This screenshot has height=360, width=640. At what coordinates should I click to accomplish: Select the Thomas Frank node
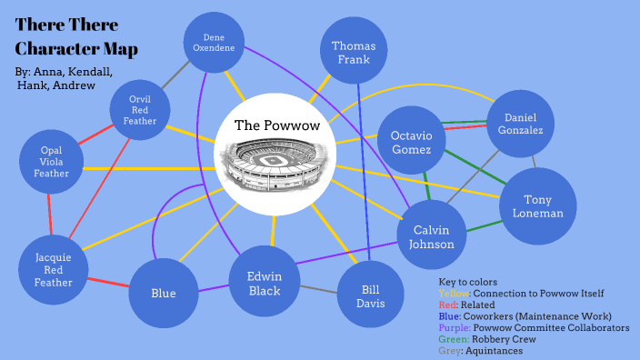click(354, 53)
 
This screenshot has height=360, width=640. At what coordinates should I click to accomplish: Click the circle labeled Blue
click(164, 294)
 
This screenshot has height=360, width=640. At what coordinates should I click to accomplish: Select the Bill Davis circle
click(372, 295)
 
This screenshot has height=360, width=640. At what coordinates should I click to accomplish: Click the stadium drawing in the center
click(274, 167)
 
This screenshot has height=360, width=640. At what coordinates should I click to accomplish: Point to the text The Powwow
click(273, 125)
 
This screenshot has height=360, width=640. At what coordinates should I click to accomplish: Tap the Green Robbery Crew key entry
click(488, 339)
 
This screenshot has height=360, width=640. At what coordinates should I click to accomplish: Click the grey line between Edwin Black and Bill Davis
click(318, 290)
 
